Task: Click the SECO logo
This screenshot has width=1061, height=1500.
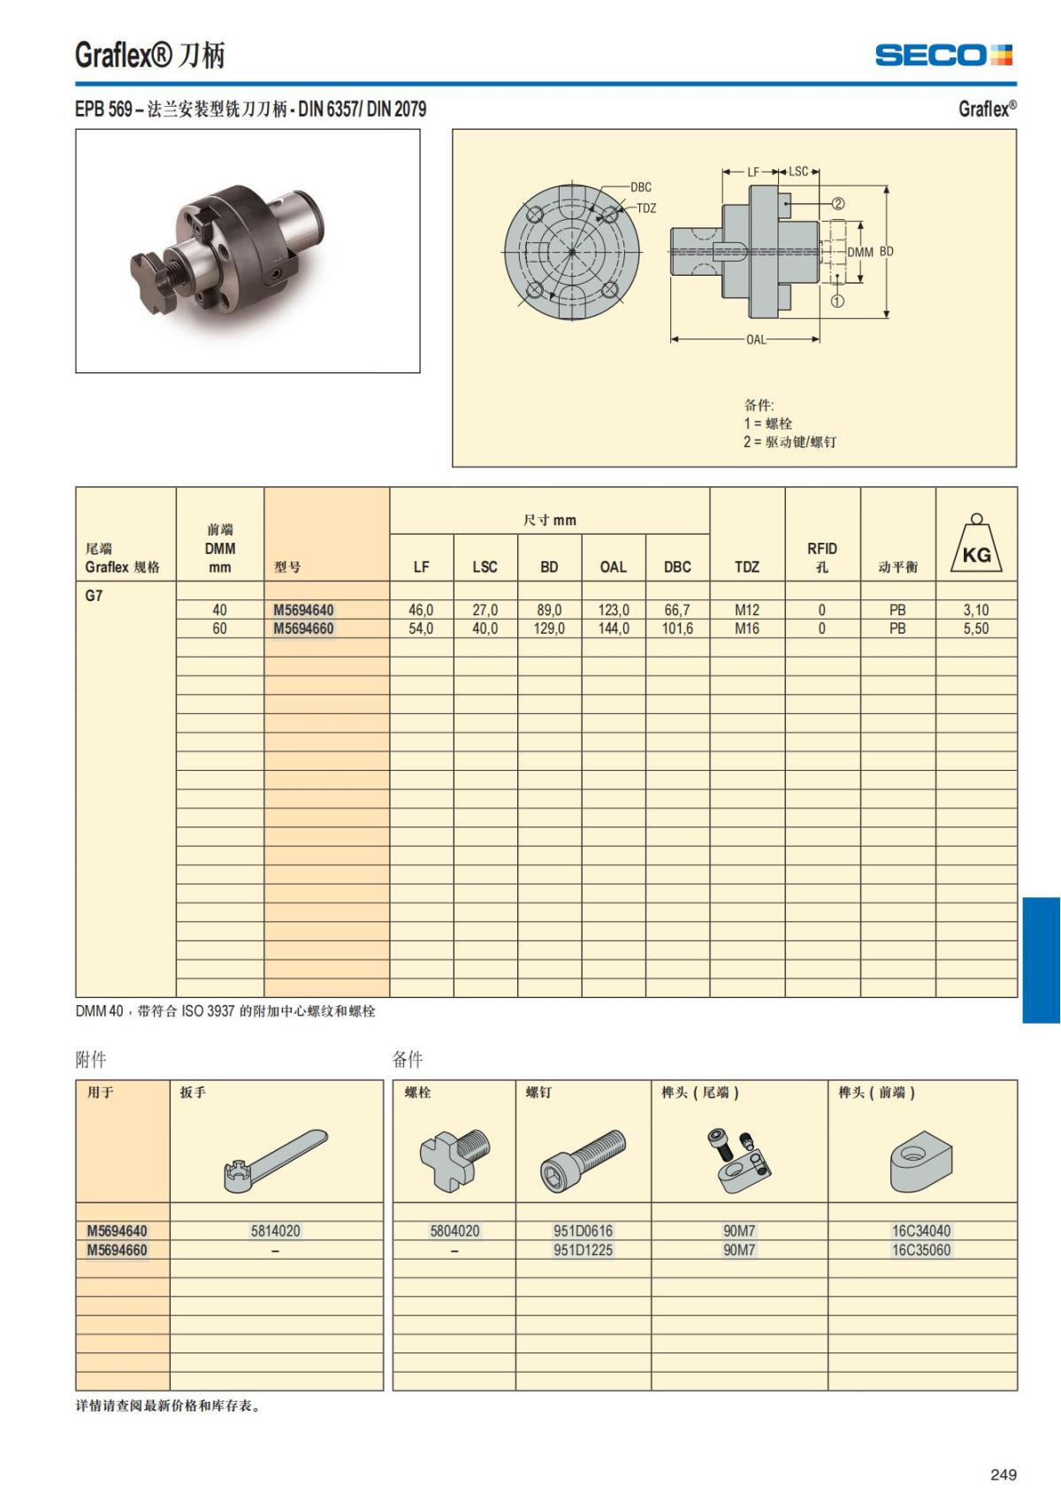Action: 943,55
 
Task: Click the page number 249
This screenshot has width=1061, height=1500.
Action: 1004,1474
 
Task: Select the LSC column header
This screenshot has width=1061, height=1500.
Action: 485,567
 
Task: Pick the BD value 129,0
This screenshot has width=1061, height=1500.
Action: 549,628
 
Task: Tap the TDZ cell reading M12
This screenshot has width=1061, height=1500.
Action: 746,610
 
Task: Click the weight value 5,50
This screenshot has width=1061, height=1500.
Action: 976,628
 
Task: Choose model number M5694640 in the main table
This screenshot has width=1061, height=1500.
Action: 303,610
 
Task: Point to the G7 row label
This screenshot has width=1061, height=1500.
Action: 94,595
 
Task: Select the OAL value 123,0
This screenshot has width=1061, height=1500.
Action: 613,610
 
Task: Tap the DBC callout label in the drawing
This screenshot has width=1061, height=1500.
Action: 641,187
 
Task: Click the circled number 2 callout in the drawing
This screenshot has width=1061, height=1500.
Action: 837,203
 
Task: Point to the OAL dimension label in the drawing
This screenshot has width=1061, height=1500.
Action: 756,339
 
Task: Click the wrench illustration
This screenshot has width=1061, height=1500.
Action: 275,1160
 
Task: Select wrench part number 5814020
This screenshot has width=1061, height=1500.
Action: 275,1230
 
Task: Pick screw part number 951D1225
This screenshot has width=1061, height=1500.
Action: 583,1250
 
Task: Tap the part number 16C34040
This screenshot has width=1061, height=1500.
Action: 921,1230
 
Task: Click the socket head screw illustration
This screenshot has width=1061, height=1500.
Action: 583,1160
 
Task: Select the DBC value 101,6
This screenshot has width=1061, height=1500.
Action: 677,628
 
